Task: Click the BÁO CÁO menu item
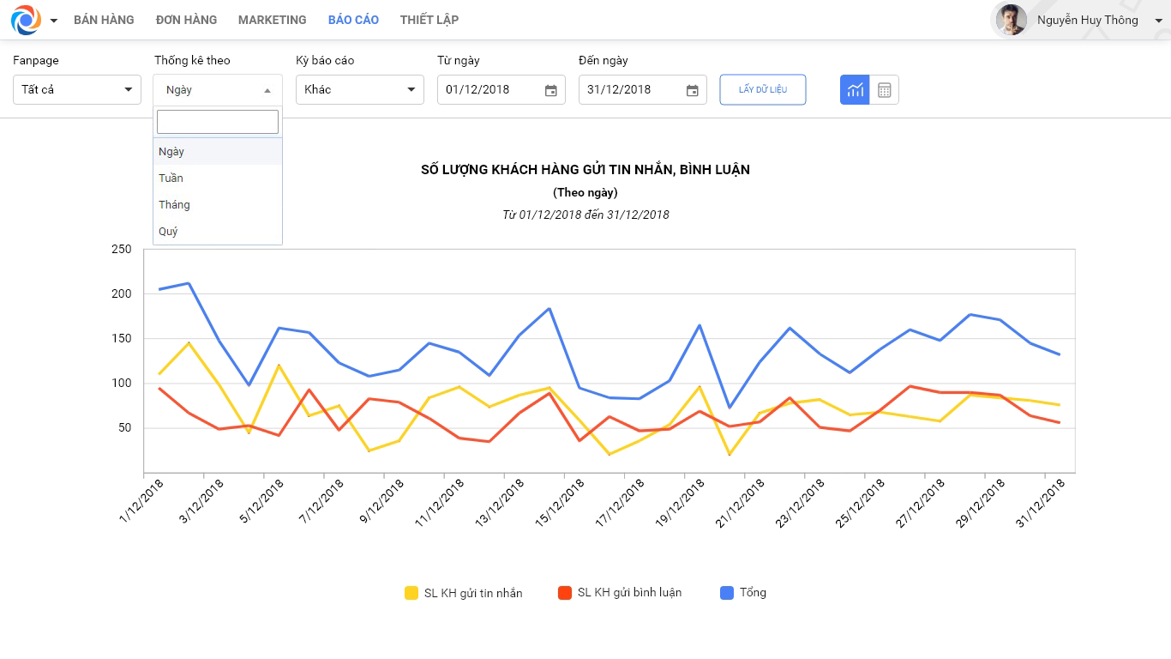[x=353, y=20]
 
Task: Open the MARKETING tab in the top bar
[x=272, y=20]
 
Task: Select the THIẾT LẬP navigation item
[x=429, y=20]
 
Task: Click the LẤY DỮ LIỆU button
[x=763, y=89]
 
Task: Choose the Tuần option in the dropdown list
[x=171, y=178]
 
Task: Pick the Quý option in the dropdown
[x=168, y=232]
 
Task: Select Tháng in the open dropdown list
[x=174, y=205]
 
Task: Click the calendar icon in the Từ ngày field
[x=551, y=91]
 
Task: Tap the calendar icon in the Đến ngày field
[x=692, y=91]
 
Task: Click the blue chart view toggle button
[x=855, y=90]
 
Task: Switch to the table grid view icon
[x=885, y=90]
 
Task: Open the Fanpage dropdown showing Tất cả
[x=77, y=89]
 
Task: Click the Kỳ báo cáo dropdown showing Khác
[x=360, y=89]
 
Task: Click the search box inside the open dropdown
[x=218, y=122]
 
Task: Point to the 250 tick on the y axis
[x=121, y=249]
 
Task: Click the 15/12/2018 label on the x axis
[x=560, y=503]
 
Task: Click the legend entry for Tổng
[x=743, y=593]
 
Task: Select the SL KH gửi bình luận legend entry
[x=620, y=593]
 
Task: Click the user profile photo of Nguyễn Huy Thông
[x=1011, y=20]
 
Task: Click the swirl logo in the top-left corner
[x=26, y=20]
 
